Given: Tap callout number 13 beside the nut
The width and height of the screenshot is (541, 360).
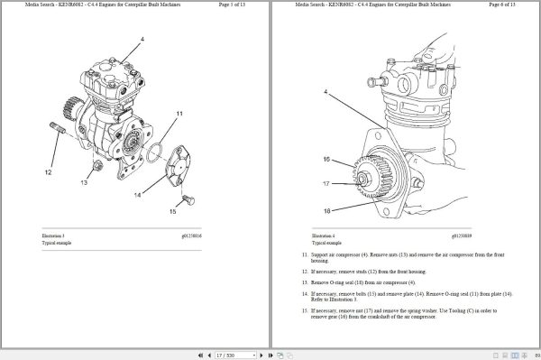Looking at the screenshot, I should [x=83, y=181].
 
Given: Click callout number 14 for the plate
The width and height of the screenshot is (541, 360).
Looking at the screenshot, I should [x=138, y=194].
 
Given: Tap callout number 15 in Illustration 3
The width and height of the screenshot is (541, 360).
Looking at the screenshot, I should [x=172, y=212].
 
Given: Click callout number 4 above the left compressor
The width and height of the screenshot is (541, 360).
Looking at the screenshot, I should [x=142, y=40].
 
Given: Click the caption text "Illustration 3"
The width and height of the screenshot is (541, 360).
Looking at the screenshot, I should [x=53, y=235].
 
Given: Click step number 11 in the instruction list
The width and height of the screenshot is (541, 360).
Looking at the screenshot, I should [x=304, y=255].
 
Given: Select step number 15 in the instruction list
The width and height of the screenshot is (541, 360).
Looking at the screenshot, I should [x=304, y=309].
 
